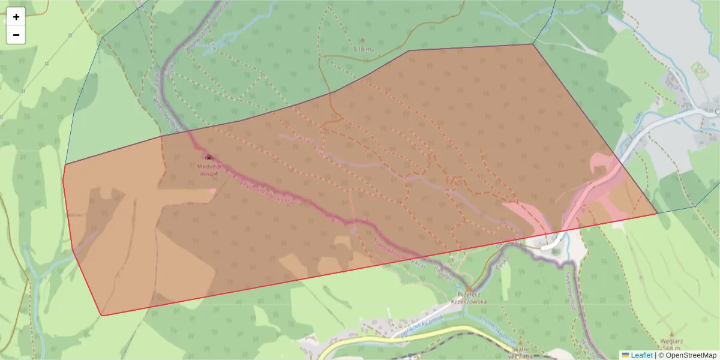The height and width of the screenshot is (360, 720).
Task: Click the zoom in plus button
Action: pos(16,17)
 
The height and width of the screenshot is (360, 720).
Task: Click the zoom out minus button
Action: pos(16,35)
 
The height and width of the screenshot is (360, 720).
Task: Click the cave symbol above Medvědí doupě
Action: pos(209,158)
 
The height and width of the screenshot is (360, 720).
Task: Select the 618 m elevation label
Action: pos(362,49)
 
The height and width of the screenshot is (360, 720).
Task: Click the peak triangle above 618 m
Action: pos(362,40)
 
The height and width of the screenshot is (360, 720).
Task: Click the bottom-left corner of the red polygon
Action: pos(102,316)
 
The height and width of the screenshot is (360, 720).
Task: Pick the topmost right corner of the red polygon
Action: pos(533,44)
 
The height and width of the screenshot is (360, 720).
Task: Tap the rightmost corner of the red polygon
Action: pos(658,213)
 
